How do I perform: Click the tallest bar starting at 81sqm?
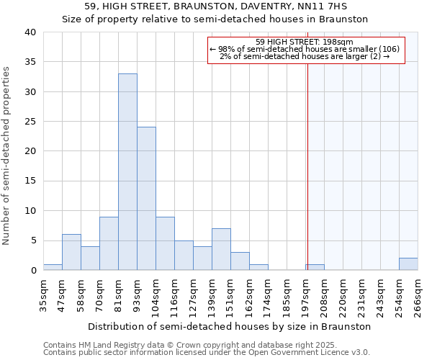tap(127, 172)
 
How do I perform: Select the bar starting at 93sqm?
tap(146, 199)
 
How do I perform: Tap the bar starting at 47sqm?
tap(71, 252)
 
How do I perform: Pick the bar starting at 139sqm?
tap(221, 249)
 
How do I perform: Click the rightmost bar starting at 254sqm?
tap(408, 264)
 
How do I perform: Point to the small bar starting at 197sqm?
tap(315, 267)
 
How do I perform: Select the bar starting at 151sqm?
tap(240, 261)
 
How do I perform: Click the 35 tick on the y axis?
tap(31, 62)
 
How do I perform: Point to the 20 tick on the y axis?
tap(31, 151)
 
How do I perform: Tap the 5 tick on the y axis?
tap(34, 240)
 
